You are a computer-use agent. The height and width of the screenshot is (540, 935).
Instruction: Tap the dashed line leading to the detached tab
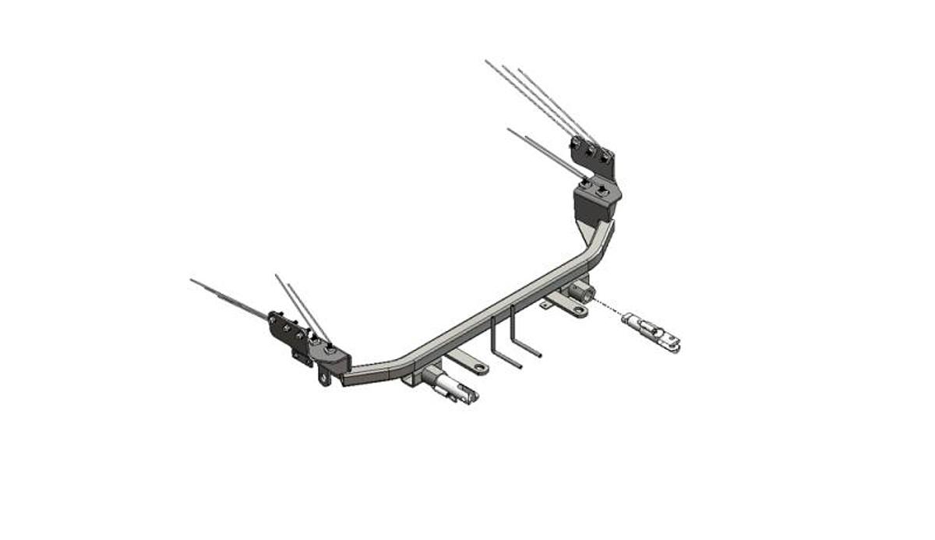609,306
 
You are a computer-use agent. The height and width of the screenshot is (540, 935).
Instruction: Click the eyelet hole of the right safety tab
577,310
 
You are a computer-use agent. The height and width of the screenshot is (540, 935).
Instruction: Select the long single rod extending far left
230,297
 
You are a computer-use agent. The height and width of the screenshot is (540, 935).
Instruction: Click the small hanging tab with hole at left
324,378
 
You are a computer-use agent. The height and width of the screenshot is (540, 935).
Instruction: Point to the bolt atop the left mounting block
330,350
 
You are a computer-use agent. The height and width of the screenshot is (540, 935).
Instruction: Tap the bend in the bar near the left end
397,362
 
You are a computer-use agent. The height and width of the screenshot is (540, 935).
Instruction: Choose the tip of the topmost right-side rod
486,61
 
